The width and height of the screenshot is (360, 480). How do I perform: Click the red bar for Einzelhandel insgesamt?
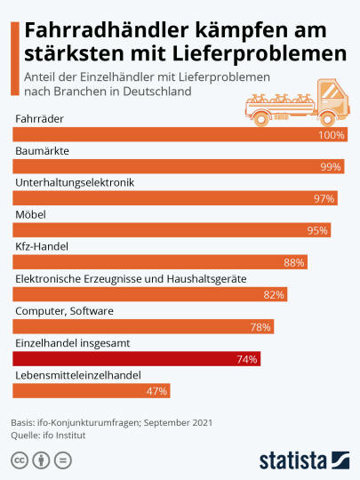point(137,358)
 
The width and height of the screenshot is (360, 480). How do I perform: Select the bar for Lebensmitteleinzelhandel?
point(92,390)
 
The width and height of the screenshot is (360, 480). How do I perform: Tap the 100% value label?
point(332,135)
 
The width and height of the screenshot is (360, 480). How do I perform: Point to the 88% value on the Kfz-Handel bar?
point(294,262)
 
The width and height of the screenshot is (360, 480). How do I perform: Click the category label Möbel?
point(30,214)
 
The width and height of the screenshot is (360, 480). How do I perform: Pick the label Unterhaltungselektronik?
point(75,182)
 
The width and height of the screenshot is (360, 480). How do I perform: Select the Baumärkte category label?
point(43,150)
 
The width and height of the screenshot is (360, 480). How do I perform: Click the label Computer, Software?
point(64,311)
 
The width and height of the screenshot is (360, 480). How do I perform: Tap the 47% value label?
point(156,391)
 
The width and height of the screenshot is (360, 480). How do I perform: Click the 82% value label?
point(274,295)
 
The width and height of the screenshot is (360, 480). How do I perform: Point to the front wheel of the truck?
point(327,119)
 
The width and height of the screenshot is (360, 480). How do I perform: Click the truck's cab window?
point(330,92)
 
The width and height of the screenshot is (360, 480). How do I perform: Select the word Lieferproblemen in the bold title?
point(260,54)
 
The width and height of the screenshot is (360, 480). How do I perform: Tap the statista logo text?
point(293,460)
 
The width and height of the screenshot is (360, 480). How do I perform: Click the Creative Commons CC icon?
point(20,460)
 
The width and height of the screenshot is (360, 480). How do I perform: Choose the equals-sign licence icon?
point(63,460)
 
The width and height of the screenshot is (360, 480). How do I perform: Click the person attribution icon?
point(41,460)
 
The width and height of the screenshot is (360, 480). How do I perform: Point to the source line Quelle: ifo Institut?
point(48,436)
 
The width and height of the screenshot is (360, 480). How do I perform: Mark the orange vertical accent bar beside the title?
point(15,59)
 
